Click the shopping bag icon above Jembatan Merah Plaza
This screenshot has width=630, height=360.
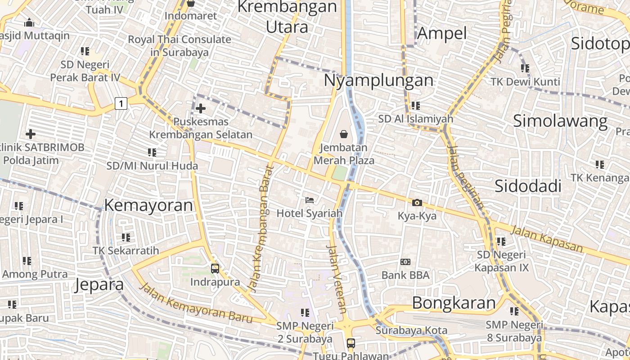[343, 134]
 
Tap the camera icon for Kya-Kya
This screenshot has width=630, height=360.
[417, 202]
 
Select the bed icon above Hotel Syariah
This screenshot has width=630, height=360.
[310, 200]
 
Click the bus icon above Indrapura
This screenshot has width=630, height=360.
[215, 269]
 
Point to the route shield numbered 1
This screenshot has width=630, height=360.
[121, 103]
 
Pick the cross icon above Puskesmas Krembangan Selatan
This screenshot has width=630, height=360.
[201, 108]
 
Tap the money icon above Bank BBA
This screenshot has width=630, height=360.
[405, 262]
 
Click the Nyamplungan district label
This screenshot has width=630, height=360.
[378, 81]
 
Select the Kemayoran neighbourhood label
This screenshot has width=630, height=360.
[148, 205]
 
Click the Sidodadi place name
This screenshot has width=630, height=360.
[528, 186]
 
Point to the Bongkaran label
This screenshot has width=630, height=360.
[454, 302]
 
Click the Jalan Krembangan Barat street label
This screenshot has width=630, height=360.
[261, 229]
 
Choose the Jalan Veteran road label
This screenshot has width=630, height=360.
[337, 279]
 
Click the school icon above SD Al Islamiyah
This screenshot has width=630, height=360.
[415, 106]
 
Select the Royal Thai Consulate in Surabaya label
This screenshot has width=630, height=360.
[180, 45]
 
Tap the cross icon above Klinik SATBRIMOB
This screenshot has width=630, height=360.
[31, 134]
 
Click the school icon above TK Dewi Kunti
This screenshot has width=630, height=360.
[525, 68]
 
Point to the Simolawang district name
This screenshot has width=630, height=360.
[560, 121]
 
